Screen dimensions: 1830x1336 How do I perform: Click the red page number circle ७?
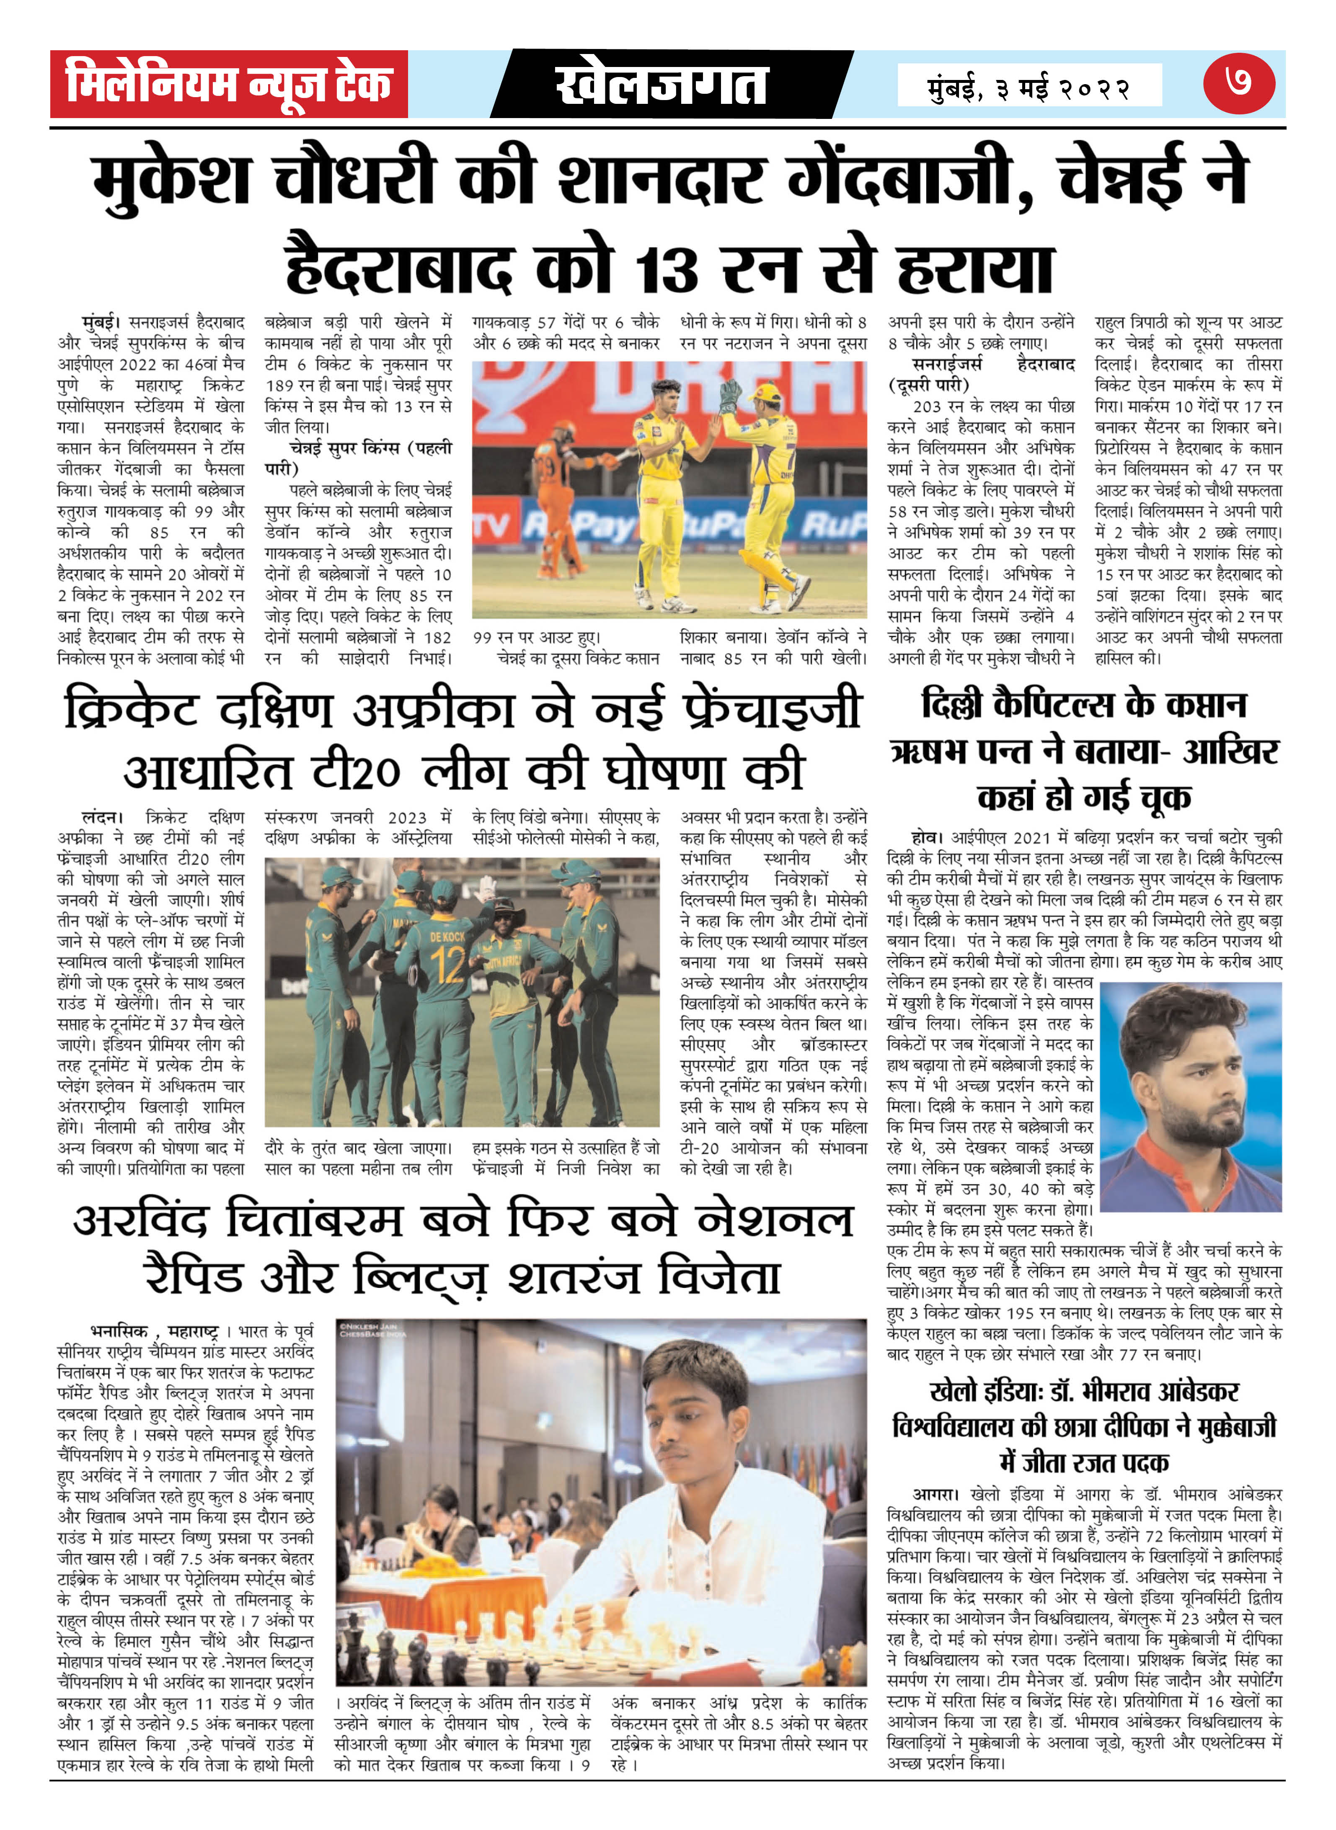[x=1238, y=83]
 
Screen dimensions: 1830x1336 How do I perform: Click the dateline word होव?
[x=924, y=837]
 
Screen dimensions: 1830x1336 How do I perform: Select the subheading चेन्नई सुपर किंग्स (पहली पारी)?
[x=358, y=458]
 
